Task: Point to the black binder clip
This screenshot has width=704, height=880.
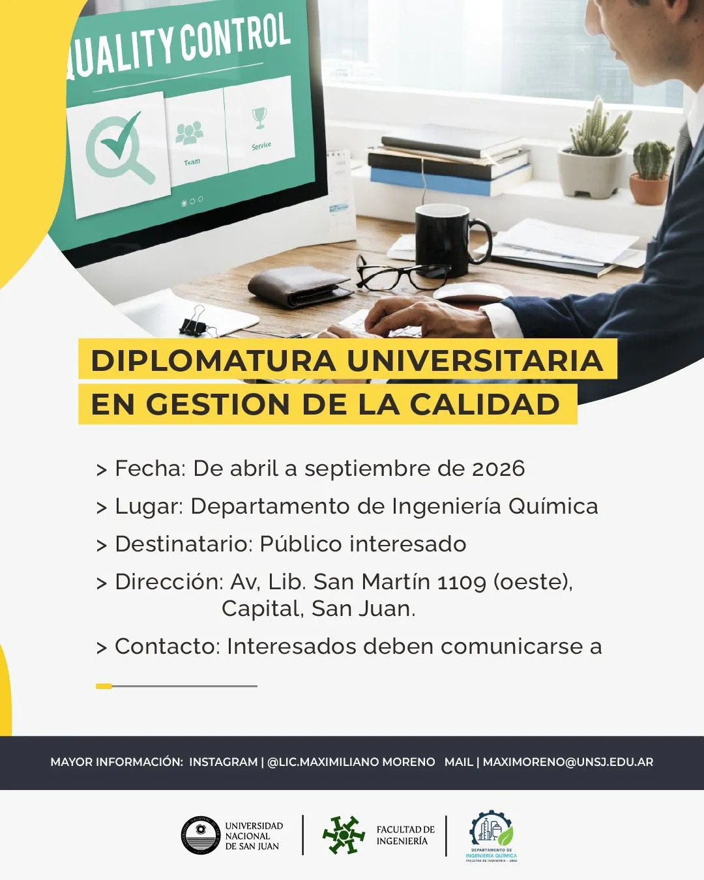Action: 196,324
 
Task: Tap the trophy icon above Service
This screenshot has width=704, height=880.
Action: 259,117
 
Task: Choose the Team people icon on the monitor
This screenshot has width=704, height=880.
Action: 189,134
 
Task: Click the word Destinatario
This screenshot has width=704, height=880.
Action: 183,544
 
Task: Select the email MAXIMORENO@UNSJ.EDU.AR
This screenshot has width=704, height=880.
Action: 568,762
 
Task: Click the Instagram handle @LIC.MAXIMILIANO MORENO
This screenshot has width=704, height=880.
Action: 351,762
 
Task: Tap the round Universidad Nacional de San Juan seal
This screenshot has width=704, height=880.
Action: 201,836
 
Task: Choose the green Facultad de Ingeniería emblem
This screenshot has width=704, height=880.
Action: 344,835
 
